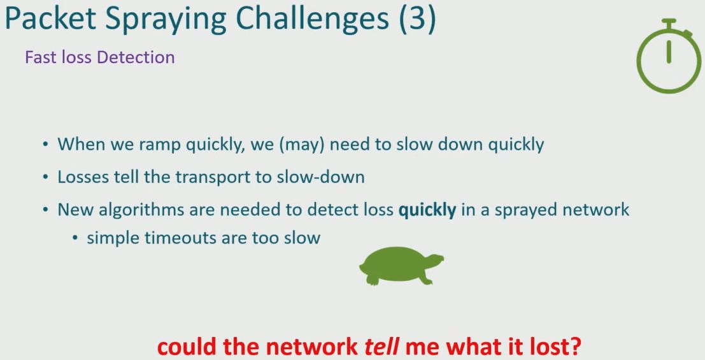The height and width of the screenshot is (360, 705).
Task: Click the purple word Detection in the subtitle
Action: coord(136,57)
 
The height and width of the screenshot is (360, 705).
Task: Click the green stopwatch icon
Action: coord(669,56)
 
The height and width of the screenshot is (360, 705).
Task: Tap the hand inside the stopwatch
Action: coord(669,52)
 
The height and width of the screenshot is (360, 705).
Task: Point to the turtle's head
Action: coord(435,260)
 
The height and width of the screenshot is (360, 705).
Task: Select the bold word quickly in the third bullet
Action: coord(427,210)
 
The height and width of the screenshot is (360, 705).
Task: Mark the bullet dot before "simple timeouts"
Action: coord(75,238)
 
